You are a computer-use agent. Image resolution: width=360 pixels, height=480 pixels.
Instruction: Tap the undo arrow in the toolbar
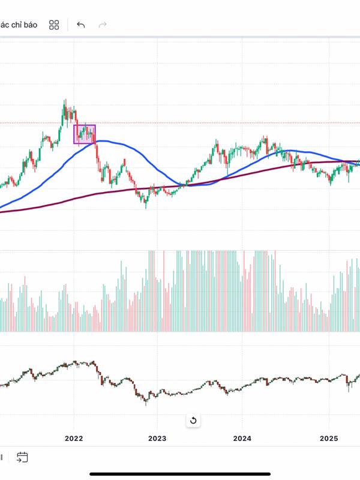pos(81,25)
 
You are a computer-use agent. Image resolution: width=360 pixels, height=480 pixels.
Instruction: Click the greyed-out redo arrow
pos(103,25)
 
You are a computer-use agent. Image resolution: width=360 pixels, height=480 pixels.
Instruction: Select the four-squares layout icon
pos(54,25)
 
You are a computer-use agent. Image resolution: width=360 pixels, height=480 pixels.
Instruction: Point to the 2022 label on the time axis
pos(73,439)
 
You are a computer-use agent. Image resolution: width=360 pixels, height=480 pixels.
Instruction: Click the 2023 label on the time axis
pos(157,439)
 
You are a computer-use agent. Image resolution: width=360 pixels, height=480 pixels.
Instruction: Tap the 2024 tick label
pos(242,439)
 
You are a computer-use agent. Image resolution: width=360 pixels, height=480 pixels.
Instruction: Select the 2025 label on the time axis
pos(329,439)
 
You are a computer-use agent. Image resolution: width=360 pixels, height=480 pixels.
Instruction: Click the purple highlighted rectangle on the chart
pos(84,134)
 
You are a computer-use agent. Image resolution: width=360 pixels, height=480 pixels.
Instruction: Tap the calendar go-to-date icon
pos(22,457)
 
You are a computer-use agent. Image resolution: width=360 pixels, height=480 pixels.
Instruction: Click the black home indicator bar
pos(179,473)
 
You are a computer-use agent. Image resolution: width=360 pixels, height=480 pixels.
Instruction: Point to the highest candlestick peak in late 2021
pos(65,101)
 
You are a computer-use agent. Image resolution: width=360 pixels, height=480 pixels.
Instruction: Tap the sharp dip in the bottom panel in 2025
pos(349,389)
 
